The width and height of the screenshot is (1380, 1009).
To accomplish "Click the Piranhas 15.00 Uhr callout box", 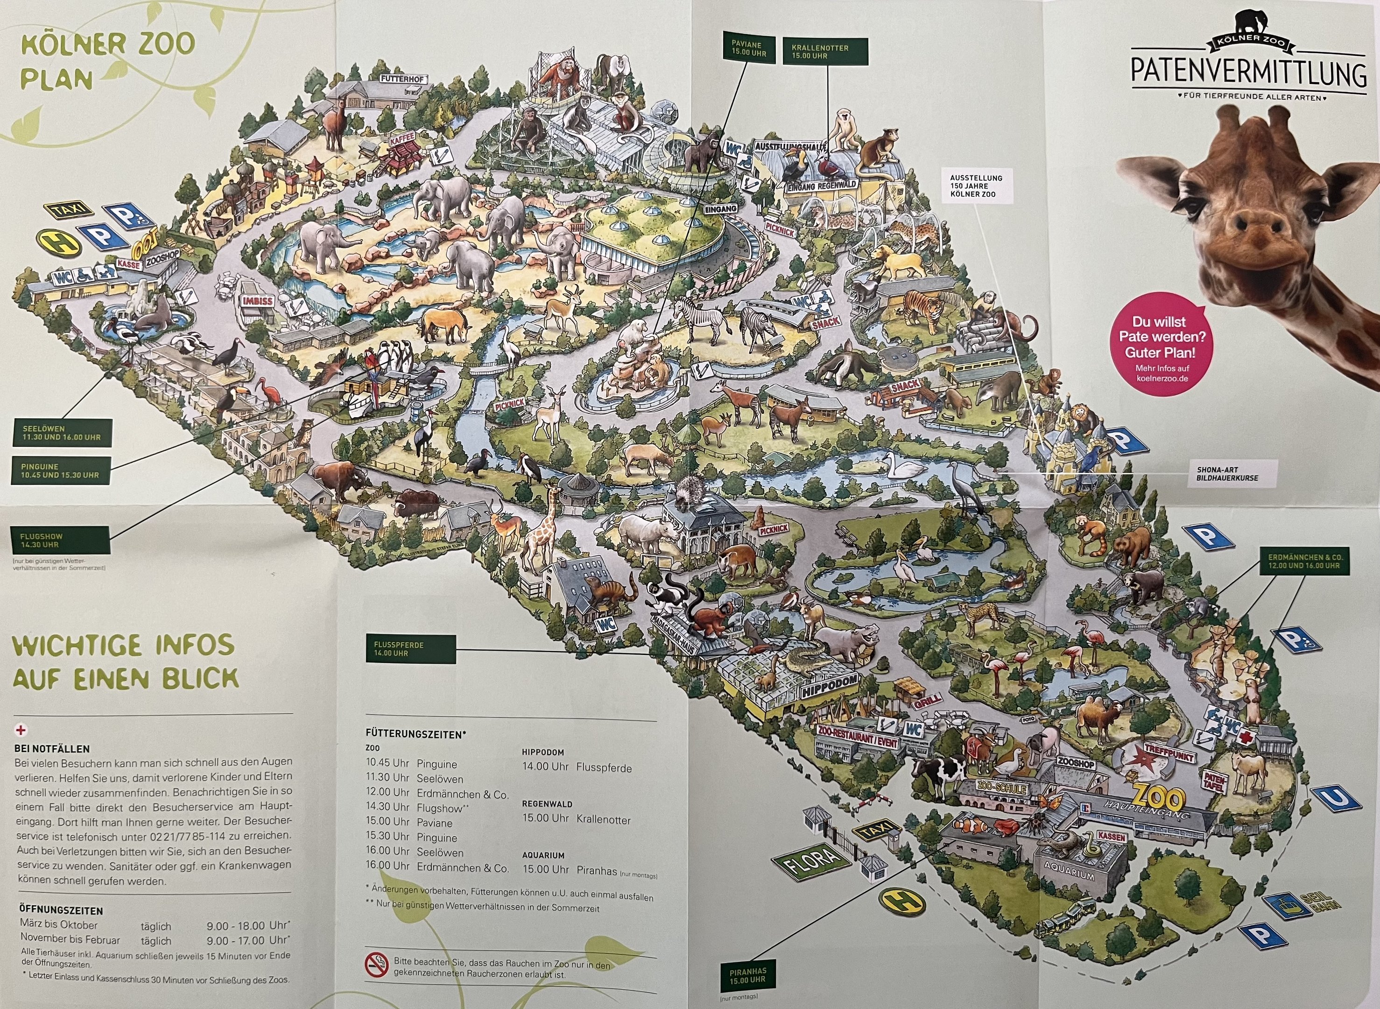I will click(x=748, y=975).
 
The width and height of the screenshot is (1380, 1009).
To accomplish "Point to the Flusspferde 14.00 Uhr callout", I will click(x=415, y=649).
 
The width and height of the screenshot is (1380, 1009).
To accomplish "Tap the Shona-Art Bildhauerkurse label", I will click(x=1226, y=474).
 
